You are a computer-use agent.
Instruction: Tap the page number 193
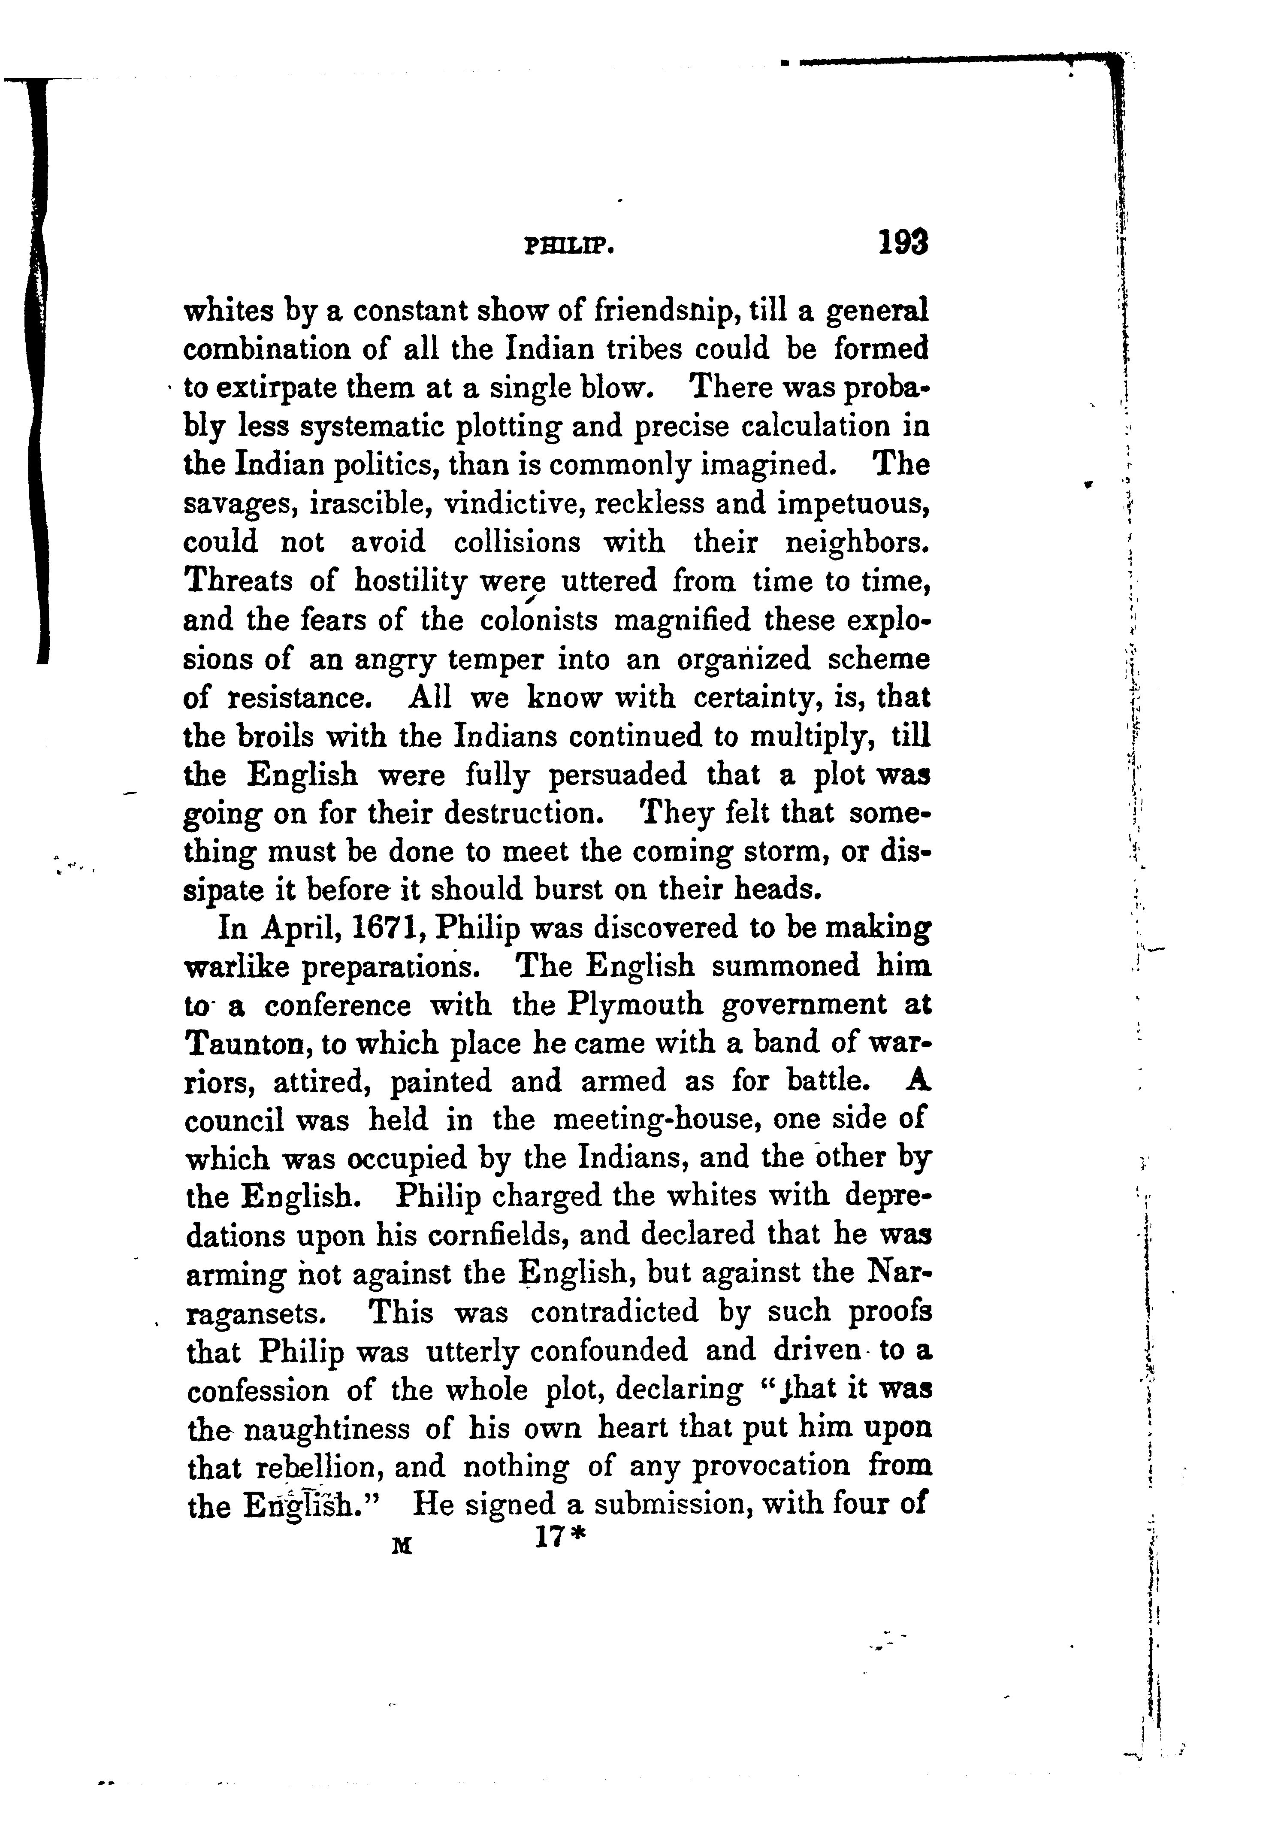[903, 242]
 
